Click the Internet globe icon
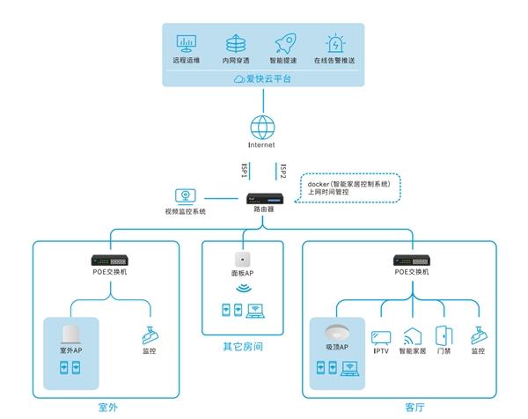click(x=262, y=128)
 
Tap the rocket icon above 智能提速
click(x=285, y=43)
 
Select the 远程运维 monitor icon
click(x=187, y=43)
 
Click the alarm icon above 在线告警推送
click(x=335, y=43)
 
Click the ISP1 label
click(x=245, y=171)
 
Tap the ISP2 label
click(x=283, y=171)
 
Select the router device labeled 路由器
click(x=265, y=198)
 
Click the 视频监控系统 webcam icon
click(x=185, y=196)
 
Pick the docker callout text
click(x=348, y=188)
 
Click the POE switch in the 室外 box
click(x=110, y=261)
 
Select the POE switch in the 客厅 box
click(x=412, y=261)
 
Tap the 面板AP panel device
click(x=243, y=260)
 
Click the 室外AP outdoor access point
click(x=71, y=334)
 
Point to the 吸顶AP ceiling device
click(x=337, y=332)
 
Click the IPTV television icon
click(x=381, y=338)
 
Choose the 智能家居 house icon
click(x=413, y=336)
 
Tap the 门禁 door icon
click(x=444, y=335)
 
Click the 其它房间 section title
click(x=243, y=347)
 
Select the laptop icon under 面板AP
click(x=255, y=311)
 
